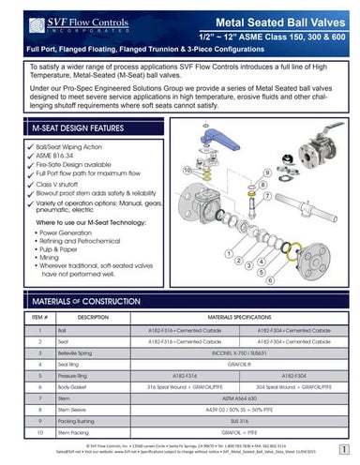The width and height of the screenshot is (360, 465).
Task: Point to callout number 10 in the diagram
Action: pyautogui.click(x=189, y=172)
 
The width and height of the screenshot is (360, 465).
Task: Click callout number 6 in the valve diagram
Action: pyautogui.click(x=272, y=279)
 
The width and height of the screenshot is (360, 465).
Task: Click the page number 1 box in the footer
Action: pyautogui.click(x=347, y=452)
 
